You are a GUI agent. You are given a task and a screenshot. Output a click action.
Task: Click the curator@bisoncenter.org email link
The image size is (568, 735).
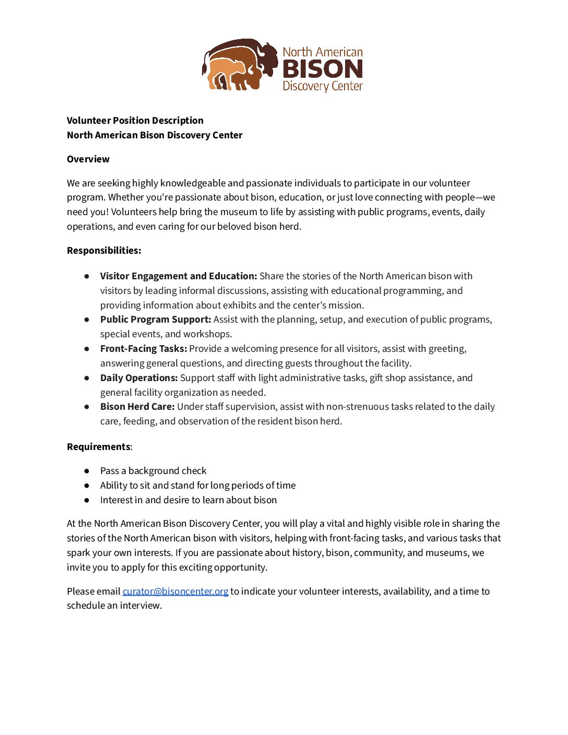point(175,591)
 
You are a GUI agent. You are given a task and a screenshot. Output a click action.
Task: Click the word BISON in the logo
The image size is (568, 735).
point(323,69)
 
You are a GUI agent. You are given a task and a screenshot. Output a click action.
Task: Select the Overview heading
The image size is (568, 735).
point(88,159)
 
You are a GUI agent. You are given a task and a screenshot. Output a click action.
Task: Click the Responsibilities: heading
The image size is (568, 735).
point(104,251)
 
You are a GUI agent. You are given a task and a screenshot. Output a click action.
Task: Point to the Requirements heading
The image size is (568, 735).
point(99,447)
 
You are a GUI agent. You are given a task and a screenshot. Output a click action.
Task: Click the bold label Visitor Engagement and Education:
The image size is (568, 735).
point(179,276)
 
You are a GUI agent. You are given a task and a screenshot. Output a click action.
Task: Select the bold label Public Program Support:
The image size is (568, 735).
point(156,319)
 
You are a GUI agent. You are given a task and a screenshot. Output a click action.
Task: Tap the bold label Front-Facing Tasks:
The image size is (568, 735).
point(144,349)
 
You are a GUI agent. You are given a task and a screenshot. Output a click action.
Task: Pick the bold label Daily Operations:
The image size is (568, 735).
point(139,378)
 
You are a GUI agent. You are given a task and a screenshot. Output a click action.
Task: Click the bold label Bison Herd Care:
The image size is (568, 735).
point(137,407)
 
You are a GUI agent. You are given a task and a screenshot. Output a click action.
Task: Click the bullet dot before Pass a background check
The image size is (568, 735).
point(87,471)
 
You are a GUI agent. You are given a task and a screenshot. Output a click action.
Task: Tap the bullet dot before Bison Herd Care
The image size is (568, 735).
point(87,407)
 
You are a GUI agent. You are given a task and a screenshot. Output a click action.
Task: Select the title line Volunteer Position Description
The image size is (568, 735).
point(135,121)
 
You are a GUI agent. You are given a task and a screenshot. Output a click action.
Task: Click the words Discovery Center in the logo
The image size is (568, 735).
point(323,86)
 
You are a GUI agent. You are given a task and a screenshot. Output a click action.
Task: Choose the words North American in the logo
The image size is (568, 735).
point(323,52)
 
